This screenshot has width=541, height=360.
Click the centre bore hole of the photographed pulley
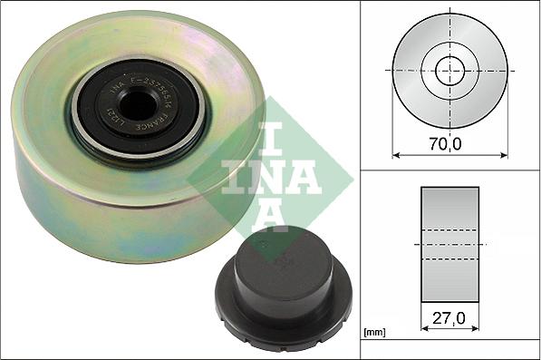[139, 107]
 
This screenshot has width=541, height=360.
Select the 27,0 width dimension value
[449, 319]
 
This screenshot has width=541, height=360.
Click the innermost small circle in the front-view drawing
[449, 72]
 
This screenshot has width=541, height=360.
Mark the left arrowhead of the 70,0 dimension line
[396, 154]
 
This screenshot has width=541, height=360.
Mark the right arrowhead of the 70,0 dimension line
[503, 154]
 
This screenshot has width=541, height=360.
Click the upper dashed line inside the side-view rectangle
[449, 229]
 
